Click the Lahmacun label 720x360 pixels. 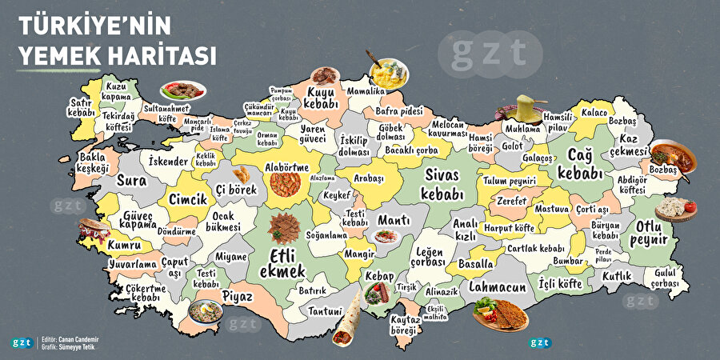tap(498, 286)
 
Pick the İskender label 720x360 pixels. tap(169, 162)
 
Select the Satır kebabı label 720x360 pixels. tap(82, 107)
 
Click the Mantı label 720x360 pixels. tap(393, 219)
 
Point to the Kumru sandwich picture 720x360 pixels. tap(93, 230)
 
